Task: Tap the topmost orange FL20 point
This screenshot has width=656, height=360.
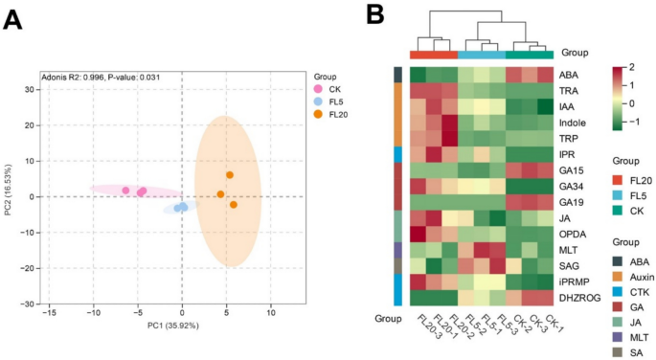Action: (x=230, y=175)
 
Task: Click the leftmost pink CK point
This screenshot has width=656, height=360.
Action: (x=125, y=191)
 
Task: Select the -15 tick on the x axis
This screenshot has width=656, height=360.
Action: (x=49, y=311)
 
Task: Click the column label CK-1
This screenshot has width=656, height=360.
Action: (x=541, y=323)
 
